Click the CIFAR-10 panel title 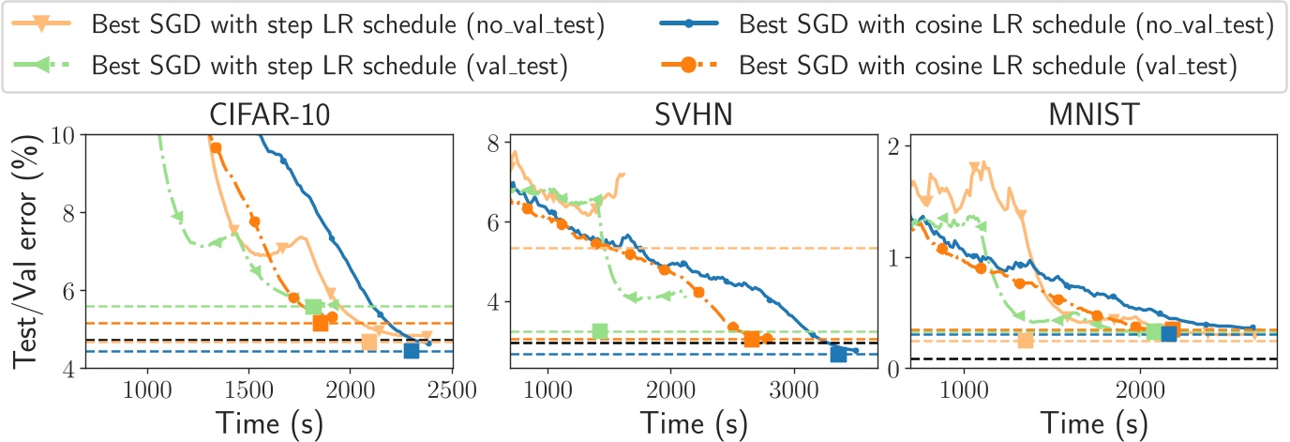coord(269,117)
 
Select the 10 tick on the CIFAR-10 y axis coord(67,134)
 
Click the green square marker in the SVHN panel coord(600,330)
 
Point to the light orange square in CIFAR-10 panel coord(369,343)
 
